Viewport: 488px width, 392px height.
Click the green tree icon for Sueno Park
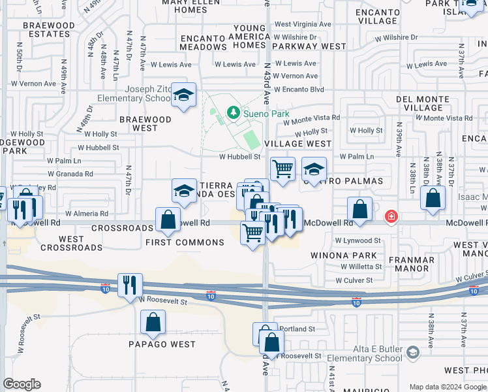click(233, 114)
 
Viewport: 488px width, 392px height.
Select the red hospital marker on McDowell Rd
click(391, 216)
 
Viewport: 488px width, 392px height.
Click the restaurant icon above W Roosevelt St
click(130, 285)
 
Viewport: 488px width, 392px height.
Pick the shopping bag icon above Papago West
click(153, 321)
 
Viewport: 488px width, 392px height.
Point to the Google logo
click(22, 384)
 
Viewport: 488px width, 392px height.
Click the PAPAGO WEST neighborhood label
click(162, 344)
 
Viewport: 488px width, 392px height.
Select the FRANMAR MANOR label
click(412, 263)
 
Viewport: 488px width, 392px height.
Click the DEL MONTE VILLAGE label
click(423, 103)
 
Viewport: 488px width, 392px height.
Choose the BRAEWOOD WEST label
click(145, 124)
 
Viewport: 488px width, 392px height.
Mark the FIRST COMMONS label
click(185, 242)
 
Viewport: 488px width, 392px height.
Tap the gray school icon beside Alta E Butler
click(412, 353)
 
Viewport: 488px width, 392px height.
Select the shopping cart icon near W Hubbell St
click(282, 169)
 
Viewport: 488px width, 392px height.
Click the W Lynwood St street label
click(358, 241)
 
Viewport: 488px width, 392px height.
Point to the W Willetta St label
click(361, 267)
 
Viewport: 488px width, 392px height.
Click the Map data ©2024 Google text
click(447, 387)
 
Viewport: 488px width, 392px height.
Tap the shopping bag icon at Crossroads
click(168, 219)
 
